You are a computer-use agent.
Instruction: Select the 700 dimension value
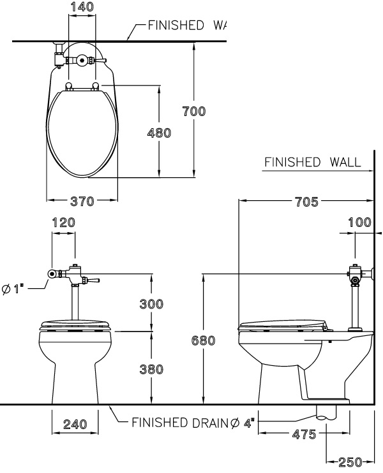pyautogui.click(x=194, y=112)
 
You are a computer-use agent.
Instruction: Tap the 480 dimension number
pyautogui.click(x=160, y=133)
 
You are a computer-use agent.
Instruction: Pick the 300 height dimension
pyautogui.click(x=152, y=304)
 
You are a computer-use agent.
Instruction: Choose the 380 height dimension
pyautogui.click(x=152, y=369)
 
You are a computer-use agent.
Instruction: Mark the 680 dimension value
pyautogui.click(x=203, y=341)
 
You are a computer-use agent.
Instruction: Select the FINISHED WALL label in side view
pyautogui.click(x=312, y=162)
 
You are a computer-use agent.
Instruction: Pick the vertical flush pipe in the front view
pyautogui.click(x=75, y=302)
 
